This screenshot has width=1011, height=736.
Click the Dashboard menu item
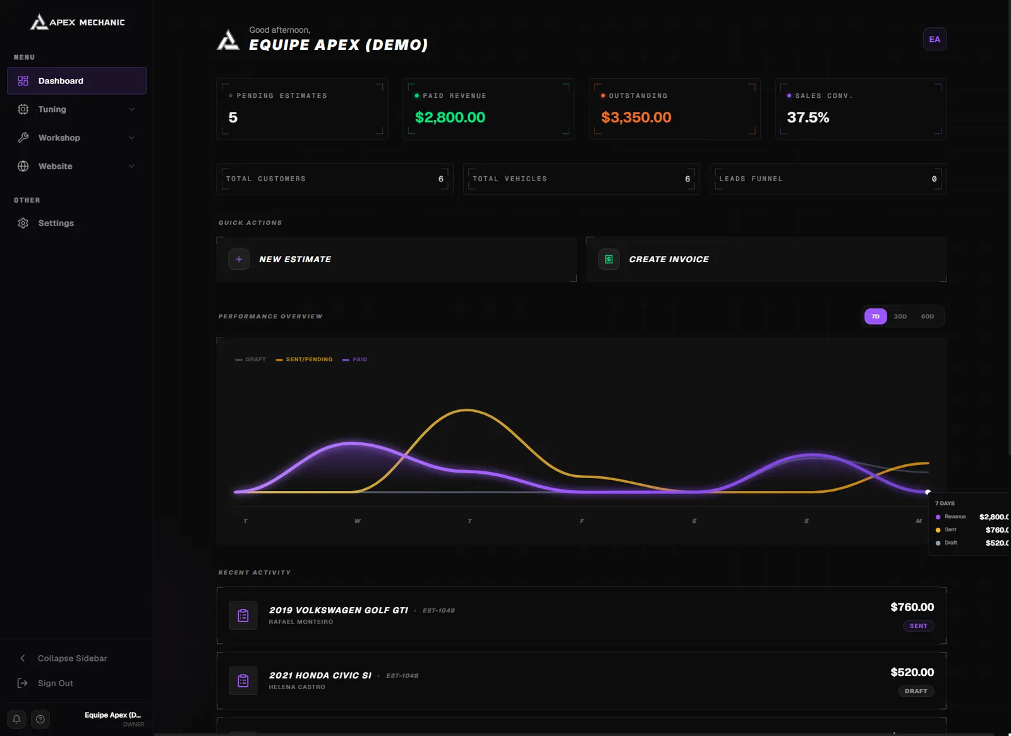point(76,81)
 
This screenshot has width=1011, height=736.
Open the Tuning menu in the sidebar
point(76,109)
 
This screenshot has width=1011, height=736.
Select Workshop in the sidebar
point(76,138)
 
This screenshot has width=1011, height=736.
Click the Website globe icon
point(23,166)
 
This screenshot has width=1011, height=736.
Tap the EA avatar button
point(935,39)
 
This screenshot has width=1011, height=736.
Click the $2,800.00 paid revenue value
point(449,118)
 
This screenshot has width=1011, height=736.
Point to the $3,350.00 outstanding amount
point(636,118)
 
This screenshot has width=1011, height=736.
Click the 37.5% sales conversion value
point(808,118)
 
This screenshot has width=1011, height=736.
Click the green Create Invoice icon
point(608,260)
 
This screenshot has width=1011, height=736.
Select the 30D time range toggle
point(900,317)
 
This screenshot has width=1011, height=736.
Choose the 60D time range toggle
point(927,317)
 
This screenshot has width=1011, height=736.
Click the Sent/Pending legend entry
point(304,359)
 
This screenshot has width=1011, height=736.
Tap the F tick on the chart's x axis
point(582,521)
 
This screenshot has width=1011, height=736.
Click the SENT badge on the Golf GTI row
point(918,626)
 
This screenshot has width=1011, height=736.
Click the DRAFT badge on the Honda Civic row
point(916,691)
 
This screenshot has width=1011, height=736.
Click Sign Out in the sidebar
point(55,683)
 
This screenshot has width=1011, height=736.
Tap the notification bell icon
point(16,719)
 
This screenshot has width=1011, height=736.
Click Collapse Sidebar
point(72,658)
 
